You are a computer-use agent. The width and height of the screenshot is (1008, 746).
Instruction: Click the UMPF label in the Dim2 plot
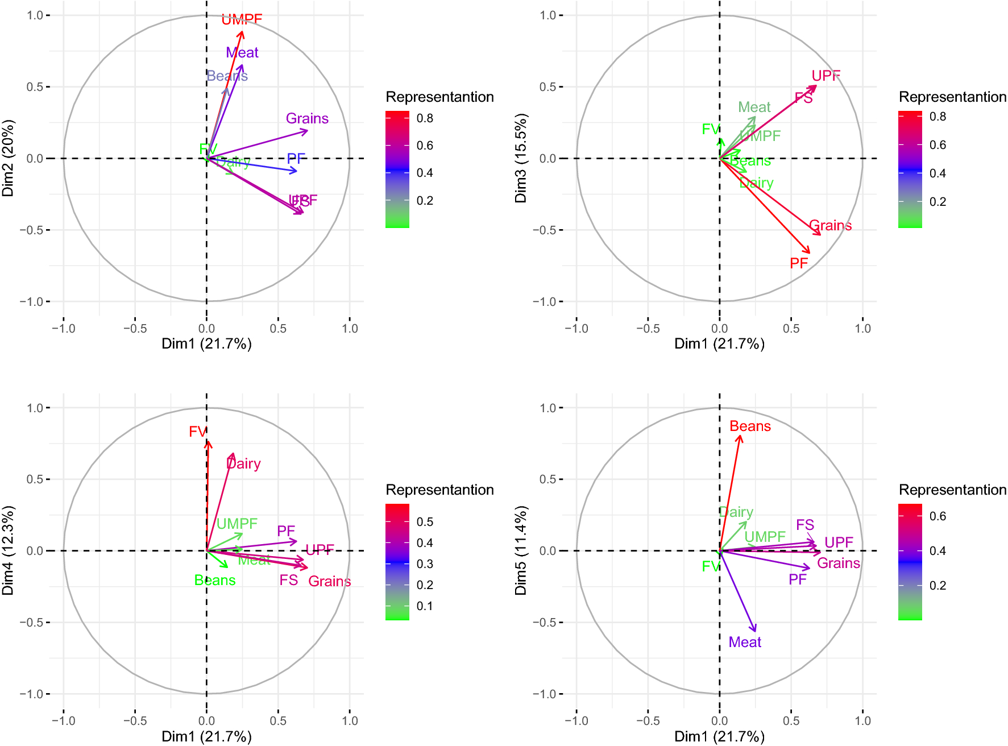click(242, 19)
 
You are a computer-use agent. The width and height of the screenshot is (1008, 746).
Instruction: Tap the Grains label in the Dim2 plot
click(307, 118)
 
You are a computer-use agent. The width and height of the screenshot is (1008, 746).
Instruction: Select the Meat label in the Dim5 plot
click(745, 642)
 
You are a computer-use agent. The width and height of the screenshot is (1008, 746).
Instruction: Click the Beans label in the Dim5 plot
click(750, 426)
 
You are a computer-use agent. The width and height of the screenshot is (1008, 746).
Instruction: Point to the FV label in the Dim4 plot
click(197, 432)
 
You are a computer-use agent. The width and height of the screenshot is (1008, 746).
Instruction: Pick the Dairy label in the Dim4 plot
click(243, 463)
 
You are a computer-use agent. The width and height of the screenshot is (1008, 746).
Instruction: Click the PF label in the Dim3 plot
click(798, 263)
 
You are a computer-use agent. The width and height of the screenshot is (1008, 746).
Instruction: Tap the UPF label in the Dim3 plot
click(826, 76)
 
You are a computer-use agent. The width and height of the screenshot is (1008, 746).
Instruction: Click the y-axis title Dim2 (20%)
click(8, 158)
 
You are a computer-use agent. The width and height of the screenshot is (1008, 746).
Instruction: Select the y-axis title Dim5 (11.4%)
click(521, 550)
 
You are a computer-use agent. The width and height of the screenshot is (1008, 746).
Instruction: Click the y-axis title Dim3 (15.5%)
click(521, 158)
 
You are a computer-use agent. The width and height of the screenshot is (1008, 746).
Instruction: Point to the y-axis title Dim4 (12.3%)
click(8, 550)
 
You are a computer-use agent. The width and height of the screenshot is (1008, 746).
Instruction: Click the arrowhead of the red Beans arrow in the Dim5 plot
click(740, 437)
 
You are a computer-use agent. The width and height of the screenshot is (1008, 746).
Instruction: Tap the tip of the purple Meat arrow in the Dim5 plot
click(755, 630)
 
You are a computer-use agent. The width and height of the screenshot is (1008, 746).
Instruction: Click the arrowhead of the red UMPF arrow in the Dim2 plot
click(242, 33)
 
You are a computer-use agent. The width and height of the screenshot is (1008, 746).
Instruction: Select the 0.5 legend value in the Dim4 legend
click(425, 522)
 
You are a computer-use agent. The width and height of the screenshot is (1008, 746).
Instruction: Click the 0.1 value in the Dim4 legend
click(425, 606)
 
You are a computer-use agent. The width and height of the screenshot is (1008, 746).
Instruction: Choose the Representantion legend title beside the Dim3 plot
click(952, 97)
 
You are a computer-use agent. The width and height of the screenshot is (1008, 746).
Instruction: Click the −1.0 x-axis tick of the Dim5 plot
click(576, 721)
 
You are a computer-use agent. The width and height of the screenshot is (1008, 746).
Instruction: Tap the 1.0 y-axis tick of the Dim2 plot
click(35, 15)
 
